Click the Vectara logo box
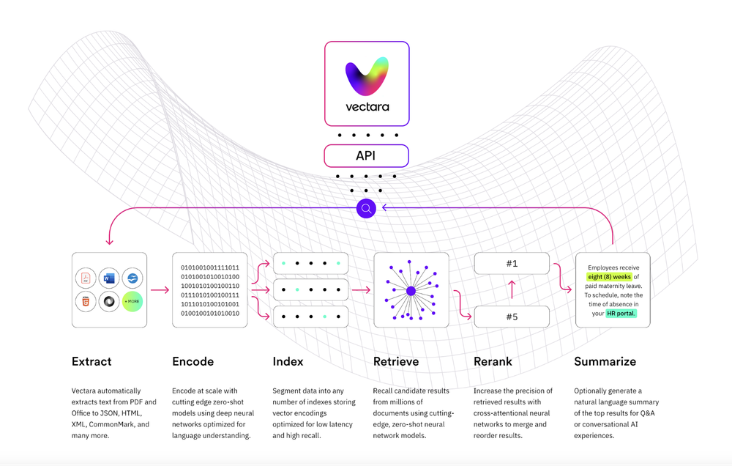click(367, 82)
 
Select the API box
click(367, 155)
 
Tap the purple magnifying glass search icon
click(367, 209)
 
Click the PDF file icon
click(85, 278)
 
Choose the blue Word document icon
click(108, 278)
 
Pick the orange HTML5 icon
click(85, 301)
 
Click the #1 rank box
click(511, 264)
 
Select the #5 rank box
click(511, 317)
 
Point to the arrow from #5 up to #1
click(511, 290)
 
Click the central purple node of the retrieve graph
click(411, 291)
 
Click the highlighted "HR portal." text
click(621, 313)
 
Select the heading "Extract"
click(91, 361)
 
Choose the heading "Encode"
click(193, 361)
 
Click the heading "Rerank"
click(493, 361)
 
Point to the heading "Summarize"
click(605, 361)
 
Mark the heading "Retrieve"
click(396, 361)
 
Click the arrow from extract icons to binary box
click(159, 290)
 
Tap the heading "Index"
click(288, 361)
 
